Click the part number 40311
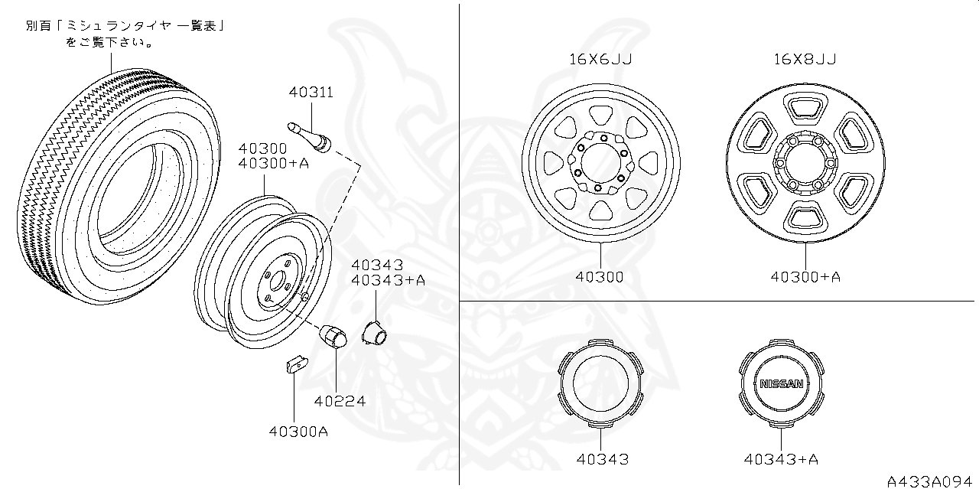[311, 93]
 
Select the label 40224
[339, 400]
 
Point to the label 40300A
[298, 431]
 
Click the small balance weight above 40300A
[294, 361]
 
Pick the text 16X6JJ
[600, 59]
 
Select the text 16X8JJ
[804, 59]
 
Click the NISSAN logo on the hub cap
[780, 384]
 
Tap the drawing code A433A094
[931, 481]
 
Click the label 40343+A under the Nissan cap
[780, 459]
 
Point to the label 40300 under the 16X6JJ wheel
[600, 277]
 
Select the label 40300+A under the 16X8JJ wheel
[805, 277]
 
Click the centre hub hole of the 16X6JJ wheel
[601, 163]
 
